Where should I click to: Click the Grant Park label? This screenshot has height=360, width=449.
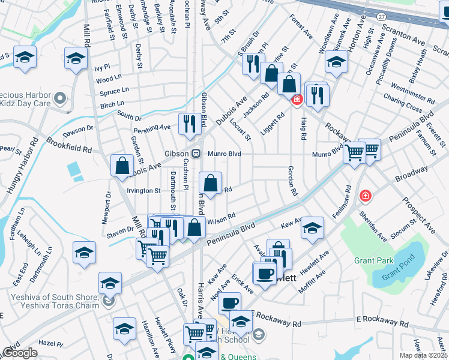[x=373, y=260]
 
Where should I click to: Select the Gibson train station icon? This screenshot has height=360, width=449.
[x=196, y=153]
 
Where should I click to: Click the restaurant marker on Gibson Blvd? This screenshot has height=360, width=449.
[x=190, y=124]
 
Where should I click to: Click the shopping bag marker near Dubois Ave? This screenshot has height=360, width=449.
[x=122, y=165]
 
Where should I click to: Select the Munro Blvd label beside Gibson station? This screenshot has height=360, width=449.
[x=224, y=154]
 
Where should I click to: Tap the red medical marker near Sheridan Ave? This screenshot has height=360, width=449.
[x=365, y=196]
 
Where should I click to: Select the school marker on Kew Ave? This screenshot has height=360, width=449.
[x=312, y=227]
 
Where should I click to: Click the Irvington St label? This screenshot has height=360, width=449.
[x=143, y=191]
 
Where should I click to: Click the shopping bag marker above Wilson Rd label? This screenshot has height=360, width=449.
[x=211, y=184]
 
